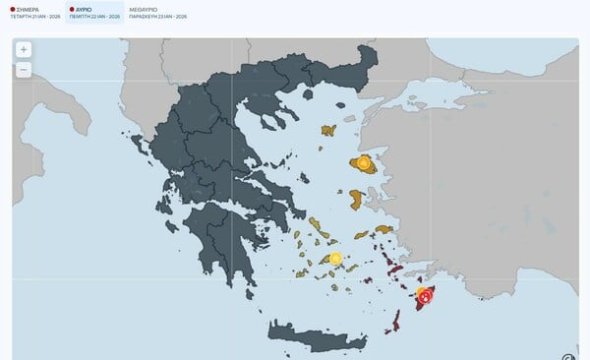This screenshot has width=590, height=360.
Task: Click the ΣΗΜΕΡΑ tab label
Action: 25,8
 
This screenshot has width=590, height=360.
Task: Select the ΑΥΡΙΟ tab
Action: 90,8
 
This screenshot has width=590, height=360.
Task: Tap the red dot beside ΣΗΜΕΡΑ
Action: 7,8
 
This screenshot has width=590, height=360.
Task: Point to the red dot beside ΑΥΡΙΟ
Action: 71,8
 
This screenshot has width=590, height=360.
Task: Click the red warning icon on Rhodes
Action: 425,295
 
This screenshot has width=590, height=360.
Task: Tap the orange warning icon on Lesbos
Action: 364,162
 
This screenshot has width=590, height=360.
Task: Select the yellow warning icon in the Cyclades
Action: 335,259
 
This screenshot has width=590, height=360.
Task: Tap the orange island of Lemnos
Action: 327,130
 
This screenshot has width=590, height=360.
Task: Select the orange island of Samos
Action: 383,229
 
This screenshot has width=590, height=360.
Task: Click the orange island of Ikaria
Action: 360,234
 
